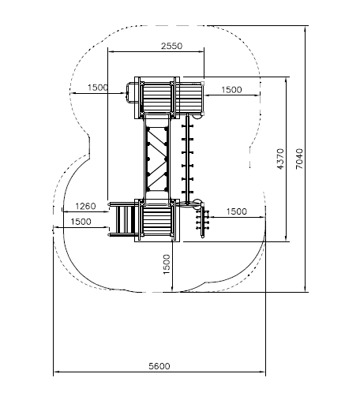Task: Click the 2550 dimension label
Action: click(x=171, y=46)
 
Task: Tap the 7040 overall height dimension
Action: click(x=300, y=159)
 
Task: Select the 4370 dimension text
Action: click(x=281, y=159)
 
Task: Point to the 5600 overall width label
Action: click(x=159, y=366)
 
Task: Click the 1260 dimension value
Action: click(x=85, y=206)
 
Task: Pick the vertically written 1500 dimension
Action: click(x=167, y=264)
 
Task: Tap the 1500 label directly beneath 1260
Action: click(x=81, y=222)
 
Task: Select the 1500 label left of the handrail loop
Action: click(x=98, y=88)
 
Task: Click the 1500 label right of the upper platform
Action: click(x=231, y=90)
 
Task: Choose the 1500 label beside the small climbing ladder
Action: click(x=237, y=211)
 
